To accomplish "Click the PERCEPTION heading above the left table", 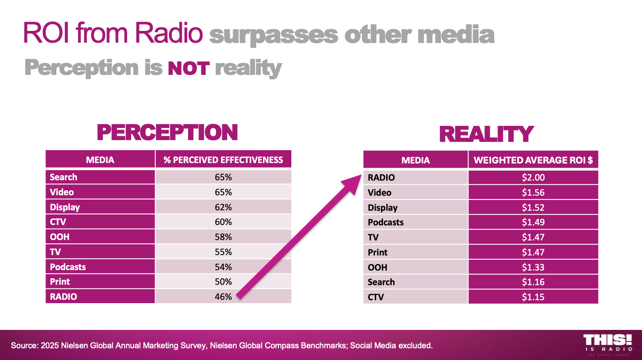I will point(167,133).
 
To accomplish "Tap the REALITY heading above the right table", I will point(486,134).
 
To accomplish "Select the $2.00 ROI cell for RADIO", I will point(533,177).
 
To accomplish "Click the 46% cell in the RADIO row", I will point(223,296).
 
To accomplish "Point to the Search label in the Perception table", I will point(64,177).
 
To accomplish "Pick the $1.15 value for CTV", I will point(533,297).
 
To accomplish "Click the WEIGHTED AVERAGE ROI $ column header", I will point(533,160).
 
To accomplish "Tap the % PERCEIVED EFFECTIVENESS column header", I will point(223,160).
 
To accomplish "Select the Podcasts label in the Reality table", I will point(385,222).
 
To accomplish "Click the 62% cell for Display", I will point(223,207).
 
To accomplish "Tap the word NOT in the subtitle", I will point(188,68).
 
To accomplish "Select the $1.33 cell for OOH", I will point(533,267).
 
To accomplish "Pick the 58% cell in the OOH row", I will point(223,237).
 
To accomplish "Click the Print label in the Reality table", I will point(377,252).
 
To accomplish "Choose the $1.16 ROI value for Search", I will point(533,282).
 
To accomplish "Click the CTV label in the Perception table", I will point(58,222).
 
